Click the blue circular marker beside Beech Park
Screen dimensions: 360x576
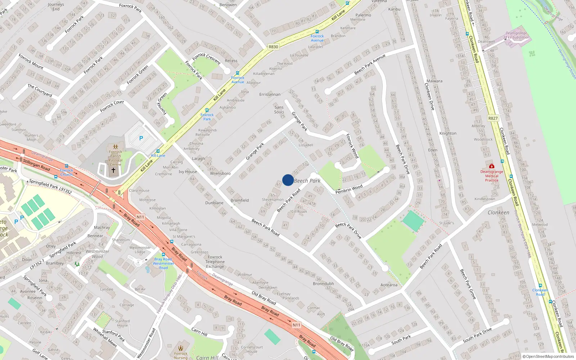(x=288, y=180)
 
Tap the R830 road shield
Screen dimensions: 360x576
(x=273, y=47)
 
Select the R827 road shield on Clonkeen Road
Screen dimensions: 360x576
(x=493, y=118)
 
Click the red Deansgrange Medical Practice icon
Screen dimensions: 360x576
(x=491, y=166)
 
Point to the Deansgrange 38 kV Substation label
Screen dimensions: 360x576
(x=516, y=35)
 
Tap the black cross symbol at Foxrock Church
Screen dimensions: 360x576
(x=113, y=170)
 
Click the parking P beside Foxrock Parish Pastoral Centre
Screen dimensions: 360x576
(x=141, y=138)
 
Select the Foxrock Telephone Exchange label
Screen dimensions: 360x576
(x=215, y=262)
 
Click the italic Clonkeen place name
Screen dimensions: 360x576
(x=498, y=212)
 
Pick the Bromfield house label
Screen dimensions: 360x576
(x=239, y=201)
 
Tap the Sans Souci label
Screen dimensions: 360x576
(x=279, y=109)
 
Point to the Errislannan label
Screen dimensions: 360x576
(x=270, y=94)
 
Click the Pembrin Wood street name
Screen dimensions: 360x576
(x=349, y=189)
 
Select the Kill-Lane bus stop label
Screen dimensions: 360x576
(x=158, y=156)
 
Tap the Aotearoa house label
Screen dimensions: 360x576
(x=389, y=285)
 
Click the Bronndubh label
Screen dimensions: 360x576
(x=323, y=284)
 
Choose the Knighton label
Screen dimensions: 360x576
(x=447, y=133)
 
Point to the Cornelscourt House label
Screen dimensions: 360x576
(x=252, y=349)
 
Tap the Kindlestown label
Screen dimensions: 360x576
(x=485, y=199)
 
